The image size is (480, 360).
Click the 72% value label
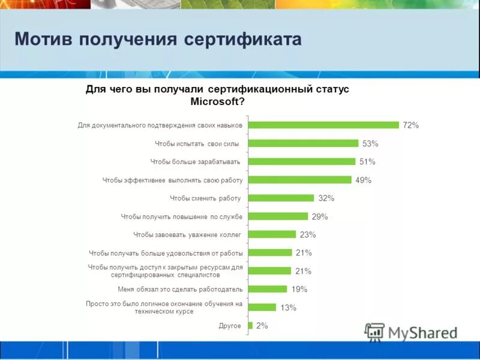410,125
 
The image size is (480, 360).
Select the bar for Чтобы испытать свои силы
304,143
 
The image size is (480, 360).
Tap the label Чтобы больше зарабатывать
195,161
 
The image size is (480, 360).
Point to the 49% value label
363,180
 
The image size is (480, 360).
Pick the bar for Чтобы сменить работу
281,198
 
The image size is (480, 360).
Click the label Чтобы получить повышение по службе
182,216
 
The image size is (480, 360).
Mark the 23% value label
308,235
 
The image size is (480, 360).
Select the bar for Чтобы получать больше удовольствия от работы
270,253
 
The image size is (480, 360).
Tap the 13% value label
289,308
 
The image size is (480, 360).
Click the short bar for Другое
250,325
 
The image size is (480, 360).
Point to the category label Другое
230,326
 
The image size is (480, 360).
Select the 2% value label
262,326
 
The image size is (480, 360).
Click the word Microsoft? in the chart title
217,101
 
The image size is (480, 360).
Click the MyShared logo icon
374,332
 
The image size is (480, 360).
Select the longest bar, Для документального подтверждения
323,125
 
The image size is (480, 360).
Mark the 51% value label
367,161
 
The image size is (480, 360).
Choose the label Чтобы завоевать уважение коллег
187,235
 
